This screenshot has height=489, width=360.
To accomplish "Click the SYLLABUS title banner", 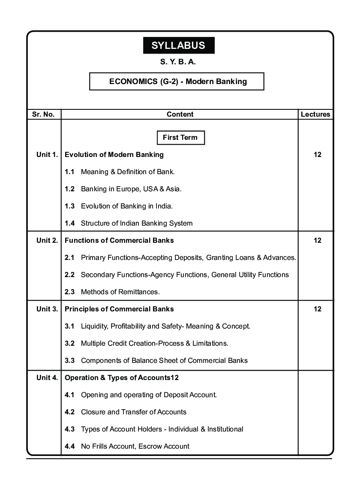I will (x=179, y=45).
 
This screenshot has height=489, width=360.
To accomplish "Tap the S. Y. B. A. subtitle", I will (x=178, y=62).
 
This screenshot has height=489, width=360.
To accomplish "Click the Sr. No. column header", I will (x=43, y=115).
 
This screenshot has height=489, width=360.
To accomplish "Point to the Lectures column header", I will (x=315, y=115).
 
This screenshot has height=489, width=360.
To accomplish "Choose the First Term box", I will (x=180, y=138).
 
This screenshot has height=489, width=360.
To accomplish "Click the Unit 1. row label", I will (x=47, y=154).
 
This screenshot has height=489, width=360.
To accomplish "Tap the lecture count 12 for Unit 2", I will (x=317, y=240).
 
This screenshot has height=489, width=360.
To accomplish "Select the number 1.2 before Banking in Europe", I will (x=70, y=189).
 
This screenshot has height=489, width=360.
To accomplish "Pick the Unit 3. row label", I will (x=47, y=309).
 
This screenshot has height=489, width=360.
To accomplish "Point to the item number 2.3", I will (x=70, y=292).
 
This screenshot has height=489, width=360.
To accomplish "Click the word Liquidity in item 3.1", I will (x=94, y=326).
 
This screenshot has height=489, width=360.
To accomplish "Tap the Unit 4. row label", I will (x=47, y=377).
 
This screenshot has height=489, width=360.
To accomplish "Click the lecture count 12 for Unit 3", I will (x=317, y=309).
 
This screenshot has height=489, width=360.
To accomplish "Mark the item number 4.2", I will (x=70, y=412).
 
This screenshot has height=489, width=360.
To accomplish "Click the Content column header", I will (x=180, y=115).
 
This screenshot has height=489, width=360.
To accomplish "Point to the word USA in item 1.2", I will (x=154, y=189).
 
